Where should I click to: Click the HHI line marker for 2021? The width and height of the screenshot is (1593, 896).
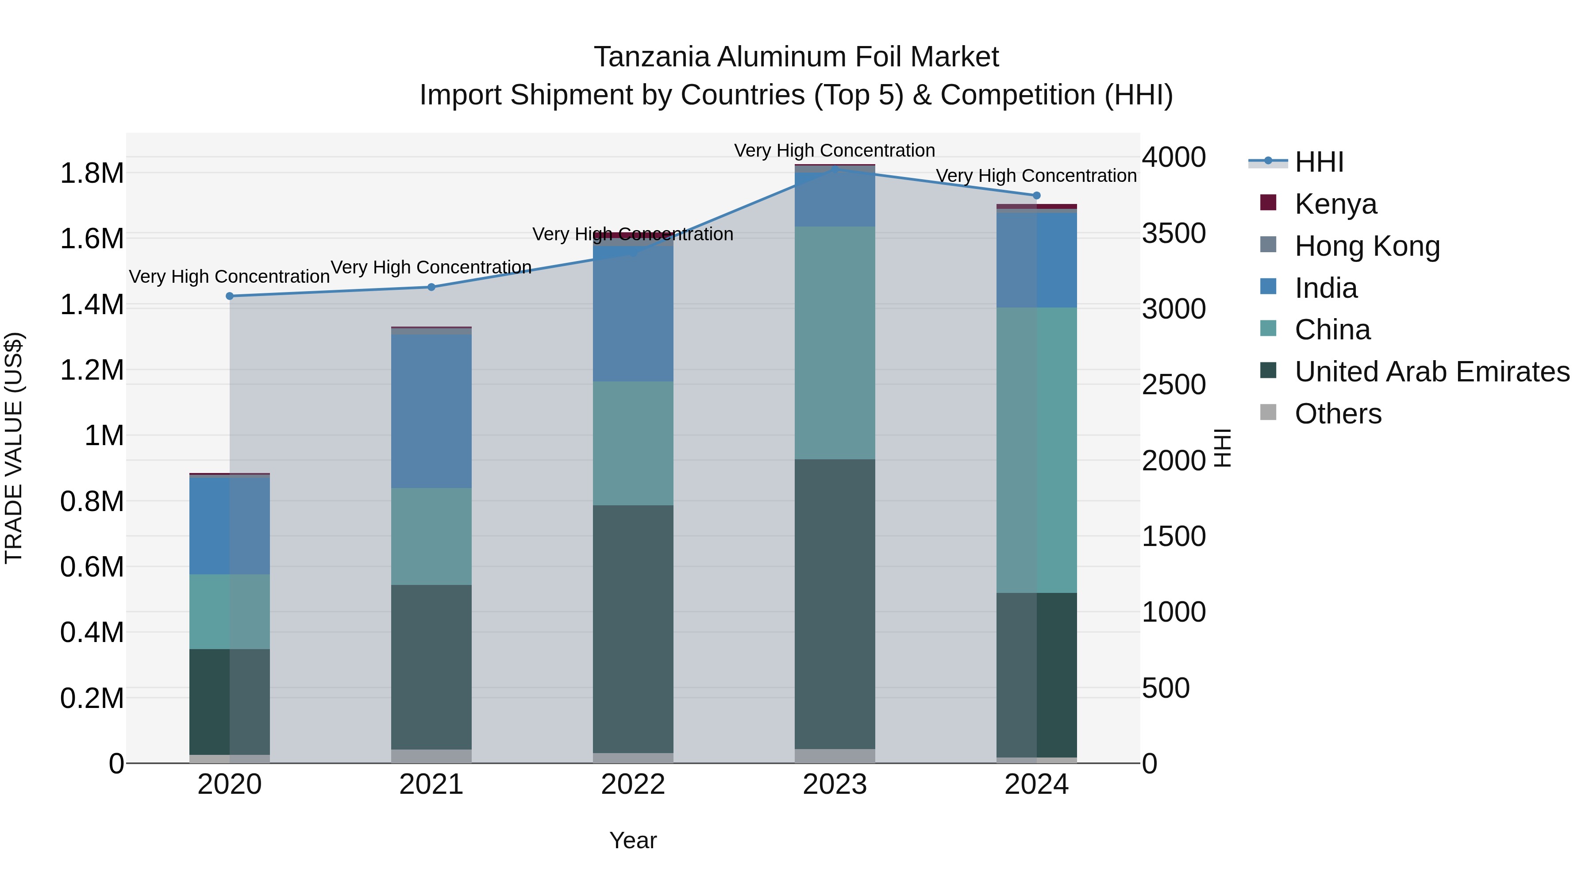click(431, 287)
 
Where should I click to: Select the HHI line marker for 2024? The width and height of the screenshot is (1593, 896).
click(1036, 196)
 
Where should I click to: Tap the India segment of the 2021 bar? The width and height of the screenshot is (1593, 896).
click(431, 411)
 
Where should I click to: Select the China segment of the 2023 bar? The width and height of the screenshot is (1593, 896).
click(835, 343)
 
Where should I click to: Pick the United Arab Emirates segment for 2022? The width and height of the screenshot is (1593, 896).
click(633, 629)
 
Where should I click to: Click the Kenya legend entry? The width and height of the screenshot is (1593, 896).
click(1336, 204)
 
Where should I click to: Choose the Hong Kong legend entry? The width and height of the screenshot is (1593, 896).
click(1367, 246)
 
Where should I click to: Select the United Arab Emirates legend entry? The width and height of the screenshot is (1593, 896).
click(1431, 372)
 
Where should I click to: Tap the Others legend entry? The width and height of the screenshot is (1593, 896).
click(1338, 414)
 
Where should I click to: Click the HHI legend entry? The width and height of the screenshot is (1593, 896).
click(1319, 162)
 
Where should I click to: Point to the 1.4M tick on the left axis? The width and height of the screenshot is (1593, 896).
click(92, 305)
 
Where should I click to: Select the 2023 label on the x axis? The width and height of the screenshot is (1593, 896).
click(835, 784)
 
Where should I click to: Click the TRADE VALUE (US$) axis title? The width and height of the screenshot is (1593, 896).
click(14, 448)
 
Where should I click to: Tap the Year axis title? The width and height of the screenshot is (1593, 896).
click(633, 840)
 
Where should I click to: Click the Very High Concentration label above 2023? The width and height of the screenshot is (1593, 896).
click(834, 150)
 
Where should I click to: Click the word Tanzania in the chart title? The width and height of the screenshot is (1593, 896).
click(652, 58)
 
